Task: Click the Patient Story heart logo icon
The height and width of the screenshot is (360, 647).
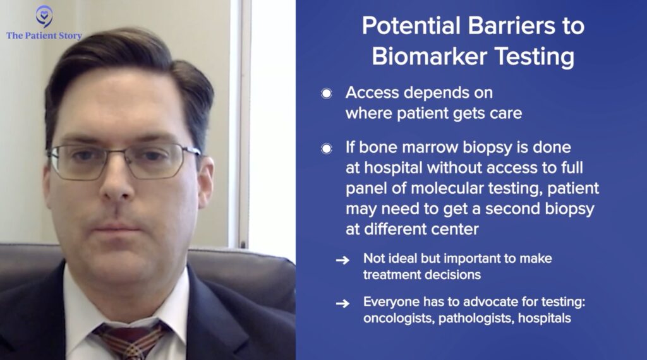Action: (44, 16)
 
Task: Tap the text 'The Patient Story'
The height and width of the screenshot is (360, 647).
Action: (44, 36)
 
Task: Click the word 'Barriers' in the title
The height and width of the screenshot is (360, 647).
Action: (511, 26)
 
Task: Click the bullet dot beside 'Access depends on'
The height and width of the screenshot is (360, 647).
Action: (327, 93)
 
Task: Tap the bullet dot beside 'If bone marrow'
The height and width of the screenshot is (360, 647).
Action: (327, 148)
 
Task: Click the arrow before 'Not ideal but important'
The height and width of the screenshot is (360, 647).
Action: (342, 260)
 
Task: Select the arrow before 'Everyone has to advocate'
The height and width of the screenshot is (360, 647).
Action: (342, 304)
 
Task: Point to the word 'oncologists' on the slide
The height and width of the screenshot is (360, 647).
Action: (399, 318)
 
